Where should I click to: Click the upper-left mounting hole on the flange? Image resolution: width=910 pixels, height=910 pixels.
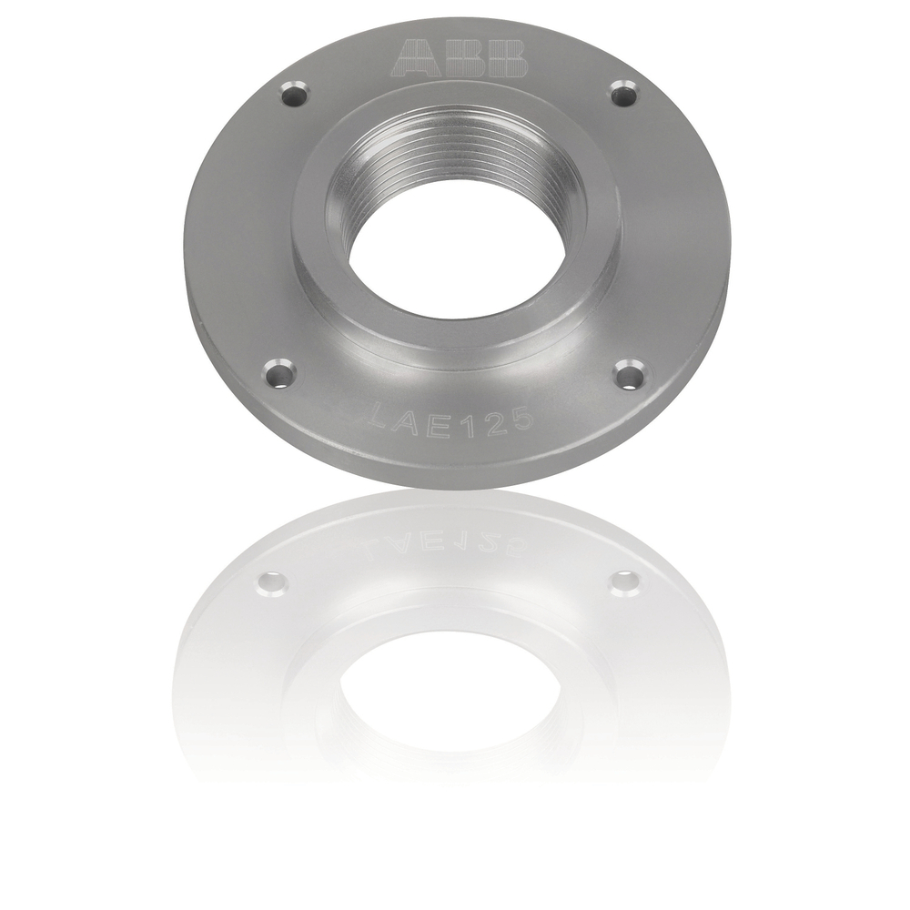click(x=294, y=93)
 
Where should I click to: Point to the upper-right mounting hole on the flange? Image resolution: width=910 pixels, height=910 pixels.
click(x=623, y=93)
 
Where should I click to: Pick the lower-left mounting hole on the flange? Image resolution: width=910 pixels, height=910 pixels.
click(x=279, y=372)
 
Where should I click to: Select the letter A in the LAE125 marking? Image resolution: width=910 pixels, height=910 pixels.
click(x=409, y=421)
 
